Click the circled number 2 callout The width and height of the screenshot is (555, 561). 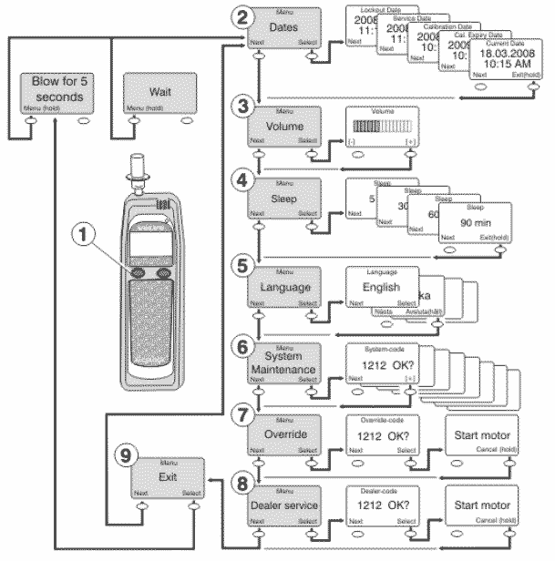pyautogui.click(x=240, y=17)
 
